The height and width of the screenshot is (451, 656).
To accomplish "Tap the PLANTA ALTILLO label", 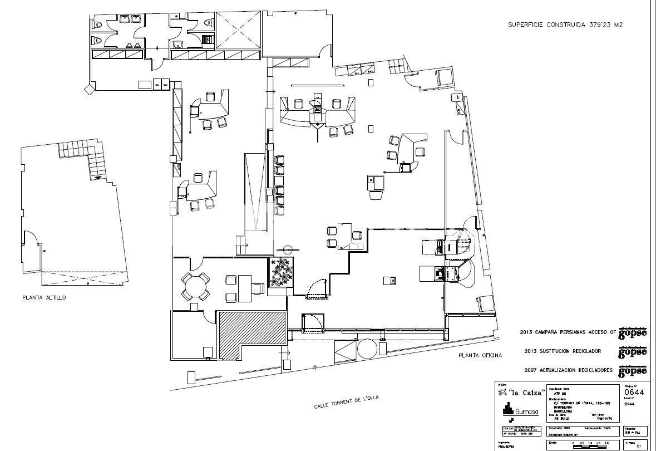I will pyautogui.click(x=44, y=298).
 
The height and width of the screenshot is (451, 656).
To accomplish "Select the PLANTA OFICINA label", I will pyautogui.click(x=480, y=355).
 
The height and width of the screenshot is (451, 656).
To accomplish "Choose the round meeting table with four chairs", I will pyautogui.click(x=195, y=287).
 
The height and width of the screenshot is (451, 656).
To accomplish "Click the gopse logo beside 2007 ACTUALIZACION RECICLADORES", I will pyautogui.click(x=633, y=370).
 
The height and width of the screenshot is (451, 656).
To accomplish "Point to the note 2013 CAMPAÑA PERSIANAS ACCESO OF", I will pyautogui.click(x=568, y=332).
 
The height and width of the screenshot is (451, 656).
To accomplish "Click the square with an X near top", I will pyautogui.click(x=237, y=30).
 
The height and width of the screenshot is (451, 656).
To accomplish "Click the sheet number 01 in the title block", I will pyautogui.click(x=639, y=445).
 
